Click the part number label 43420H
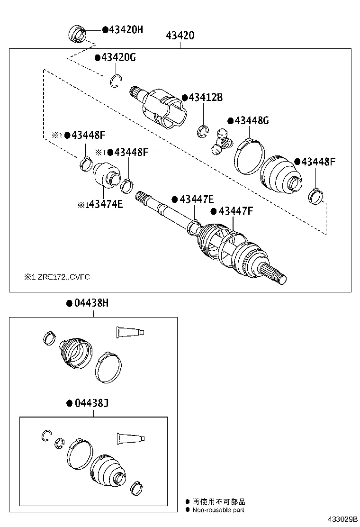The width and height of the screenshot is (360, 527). pos(125,30)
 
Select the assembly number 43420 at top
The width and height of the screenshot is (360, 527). pos(180,36)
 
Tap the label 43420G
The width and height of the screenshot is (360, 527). pos(118,58)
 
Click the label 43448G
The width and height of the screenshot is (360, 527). pos(251,121)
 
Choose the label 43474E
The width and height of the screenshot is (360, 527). pos(105,205)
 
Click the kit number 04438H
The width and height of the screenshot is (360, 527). pos(90,303)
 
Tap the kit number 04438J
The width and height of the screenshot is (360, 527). pos(90,403)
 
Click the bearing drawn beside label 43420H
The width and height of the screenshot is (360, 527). pos(78,34)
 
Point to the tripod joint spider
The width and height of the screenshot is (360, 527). pos(222,141)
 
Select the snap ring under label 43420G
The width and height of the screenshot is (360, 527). pos(116,82)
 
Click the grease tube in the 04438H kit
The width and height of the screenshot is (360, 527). pos(129,332)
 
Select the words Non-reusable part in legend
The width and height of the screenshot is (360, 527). pos(218,510)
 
